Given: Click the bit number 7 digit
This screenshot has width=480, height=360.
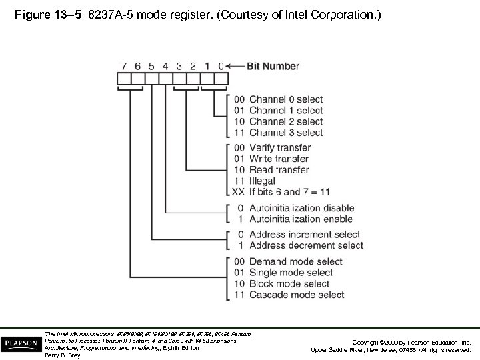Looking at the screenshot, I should (x=123, y=67).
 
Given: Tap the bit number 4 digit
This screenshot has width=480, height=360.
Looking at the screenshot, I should (x=164, y=67).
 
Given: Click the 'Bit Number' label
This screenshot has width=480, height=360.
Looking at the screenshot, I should (x=273, y=67).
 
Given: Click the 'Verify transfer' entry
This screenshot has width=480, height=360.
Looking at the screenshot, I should (x=281, y=148).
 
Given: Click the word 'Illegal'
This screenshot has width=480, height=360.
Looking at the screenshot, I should (x=263, y=180).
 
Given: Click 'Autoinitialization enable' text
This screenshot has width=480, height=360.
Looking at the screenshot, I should (x=300, y=219).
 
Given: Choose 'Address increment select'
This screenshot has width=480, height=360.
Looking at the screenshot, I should (x=304, y=235).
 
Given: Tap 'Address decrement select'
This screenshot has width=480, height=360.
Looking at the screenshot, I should (x=306, y=245).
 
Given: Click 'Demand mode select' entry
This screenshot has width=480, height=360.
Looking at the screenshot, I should (x=295, y=262).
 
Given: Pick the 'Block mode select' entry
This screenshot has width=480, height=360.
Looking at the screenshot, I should (x=289, y=284).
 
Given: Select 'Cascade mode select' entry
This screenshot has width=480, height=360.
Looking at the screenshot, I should (x=297, y=295).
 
